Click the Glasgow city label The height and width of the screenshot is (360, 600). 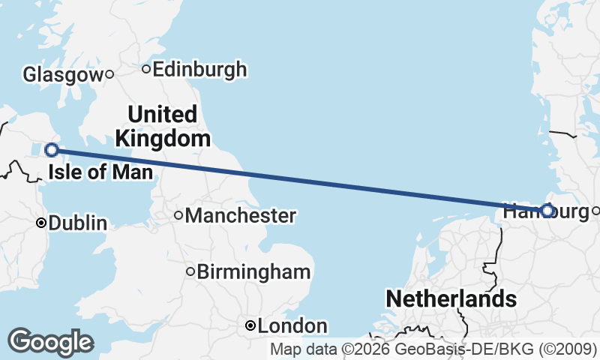pos(62,74)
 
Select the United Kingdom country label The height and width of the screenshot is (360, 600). pos(162,127)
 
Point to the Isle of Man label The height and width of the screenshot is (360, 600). pos(100,173)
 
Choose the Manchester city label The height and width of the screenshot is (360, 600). pos(240,216)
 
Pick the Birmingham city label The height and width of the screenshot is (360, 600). pos(253,271)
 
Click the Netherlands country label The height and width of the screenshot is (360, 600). pos(451,299)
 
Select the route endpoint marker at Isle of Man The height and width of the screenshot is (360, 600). pos(52,149)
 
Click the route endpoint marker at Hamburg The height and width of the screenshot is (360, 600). pos(547,211)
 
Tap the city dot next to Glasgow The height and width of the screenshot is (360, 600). pos(109,73)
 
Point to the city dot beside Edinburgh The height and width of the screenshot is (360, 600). pos(146,70)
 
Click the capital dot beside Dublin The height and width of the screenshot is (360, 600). pos(42,223)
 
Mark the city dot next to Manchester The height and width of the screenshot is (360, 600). pos(178,216)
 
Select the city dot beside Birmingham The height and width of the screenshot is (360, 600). pos(190,271)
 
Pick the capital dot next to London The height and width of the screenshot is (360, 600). pos(250,326)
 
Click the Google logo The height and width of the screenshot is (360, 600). pos(50,342)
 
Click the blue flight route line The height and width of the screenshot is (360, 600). pos(300,180)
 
